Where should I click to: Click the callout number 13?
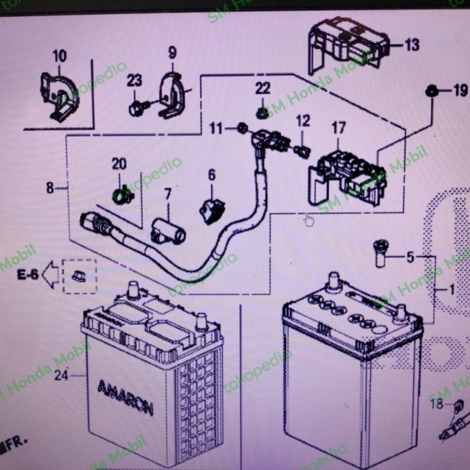412,45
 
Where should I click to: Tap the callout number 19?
459,90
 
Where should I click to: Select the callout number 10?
60,55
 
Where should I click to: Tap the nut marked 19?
432,89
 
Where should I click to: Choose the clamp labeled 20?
122,195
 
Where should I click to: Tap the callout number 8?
50,188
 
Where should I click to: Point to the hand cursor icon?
309,220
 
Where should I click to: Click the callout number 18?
436,404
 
